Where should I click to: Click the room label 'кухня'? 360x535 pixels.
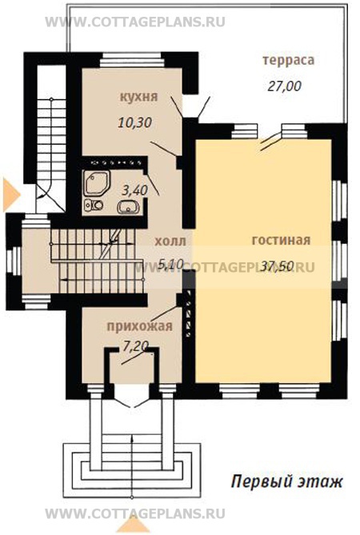[x=138, y=97]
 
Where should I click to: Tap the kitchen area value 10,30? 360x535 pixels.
[x=134, y=122]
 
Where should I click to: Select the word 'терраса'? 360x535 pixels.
[x=288, y=61]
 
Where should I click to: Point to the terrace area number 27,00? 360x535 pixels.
[x=284, y=86]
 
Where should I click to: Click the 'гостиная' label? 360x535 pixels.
[x=281, y=240]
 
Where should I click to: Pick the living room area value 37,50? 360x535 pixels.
[x=277, y=266]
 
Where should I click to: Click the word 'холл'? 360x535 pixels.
[x=170, y=242]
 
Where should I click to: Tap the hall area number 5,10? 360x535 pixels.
[x=172, y=264]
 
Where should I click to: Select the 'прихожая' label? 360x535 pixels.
[x=140, y=326]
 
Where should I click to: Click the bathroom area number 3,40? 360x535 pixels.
[x=135, y=190]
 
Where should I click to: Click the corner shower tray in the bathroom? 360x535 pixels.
[x=97, y=183]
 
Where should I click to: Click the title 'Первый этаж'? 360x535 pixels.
[x=286, y=482]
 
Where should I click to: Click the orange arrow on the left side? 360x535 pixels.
[x=12, y=194]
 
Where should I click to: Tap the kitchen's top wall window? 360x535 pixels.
[x=132, y=61]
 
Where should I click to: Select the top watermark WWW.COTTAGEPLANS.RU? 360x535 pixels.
[x=135, y=22]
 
